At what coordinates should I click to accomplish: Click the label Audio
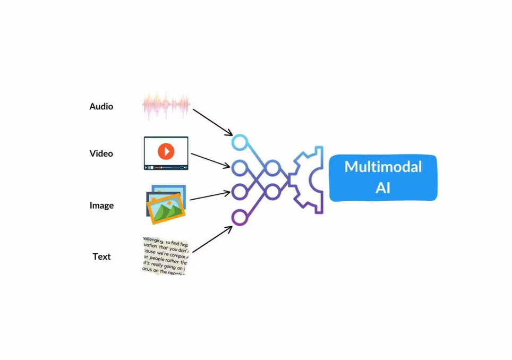click(101, 106)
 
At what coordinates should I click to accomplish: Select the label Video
click(101, 153)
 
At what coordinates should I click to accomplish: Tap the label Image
click(101, 205)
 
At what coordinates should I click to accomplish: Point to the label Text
click(101, 256)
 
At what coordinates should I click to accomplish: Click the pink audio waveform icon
click(166, 106)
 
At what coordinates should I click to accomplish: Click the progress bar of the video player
click(166, 167)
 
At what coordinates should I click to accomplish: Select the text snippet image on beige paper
click(166, 256)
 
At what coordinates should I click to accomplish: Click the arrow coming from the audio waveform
click(212, 122)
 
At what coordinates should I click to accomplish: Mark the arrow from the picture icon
click(210, 196)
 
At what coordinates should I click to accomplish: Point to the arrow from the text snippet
click(212, 239)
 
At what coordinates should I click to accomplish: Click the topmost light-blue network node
click(240, 142)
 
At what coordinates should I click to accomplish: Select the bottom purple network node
click(240, 217)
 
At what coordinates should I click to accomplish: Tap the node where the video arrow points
click(240, 168)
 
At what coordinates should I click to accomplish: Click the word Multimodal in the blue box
click(383, 167)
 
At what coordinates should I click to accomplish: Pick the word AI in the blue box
click(383, 188)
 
